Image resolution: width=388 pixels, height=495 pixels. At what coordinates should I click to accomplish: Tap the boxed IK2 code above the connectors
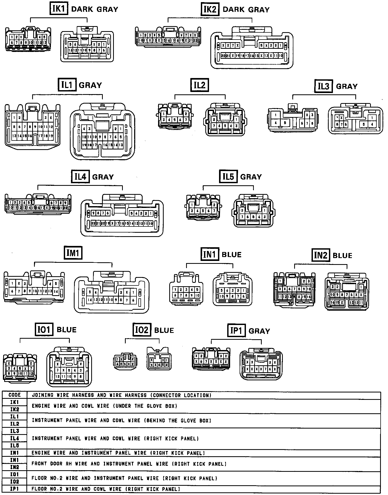click(x=210, y=9)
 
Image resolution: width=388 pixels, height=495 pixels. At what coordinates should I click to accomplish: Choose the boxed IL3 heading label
click(x=323, y=86)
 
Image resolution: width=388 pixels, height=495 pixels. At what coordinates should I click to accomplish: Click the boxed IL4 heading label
click(x=80, y=176)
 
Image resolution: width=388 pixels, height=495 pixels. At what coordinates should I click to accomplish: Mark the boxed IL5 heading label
click(x=228, y=176)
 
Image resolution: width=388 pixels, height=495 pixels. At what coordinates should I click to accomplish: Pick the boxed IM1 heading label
click(x=73, y=253)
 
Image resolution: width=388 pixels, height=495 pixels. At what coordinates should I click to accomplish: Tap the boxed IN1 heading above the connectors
click(x=210, y=254)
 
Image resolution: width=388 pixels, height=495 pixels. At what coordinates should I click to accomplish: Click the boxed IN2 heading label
click(x=321, y=255)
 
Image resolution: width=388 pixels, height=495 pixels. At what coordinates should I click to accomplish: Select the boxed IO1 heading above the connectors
click(x=44, y=329)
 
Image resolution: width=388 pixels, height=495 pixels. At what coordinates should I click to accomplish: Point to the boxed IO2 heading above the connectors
click(x=142, y=330)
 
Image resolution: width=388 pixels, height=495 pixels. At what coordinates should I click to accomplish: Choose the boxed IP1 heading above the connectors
click(x=236, y=331)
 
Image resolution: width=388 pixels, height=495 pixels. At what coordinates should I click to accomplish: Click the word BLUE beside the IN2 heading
click(x=342, y=255)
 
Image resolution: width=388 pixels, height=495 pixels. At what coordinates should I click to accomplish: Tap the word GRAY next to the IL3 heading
click(x=347, y=86)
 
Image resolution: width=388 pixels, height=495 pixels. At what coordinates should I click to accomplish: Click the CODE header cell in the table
click(x=14, y=395)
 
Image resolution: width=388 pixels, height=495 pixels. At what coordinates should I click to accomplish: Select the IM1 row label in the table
click(x=14, y=453)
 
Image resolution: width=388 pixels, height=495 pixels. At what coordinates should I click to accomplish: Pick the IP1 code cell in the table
click(x=14, y=489)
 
